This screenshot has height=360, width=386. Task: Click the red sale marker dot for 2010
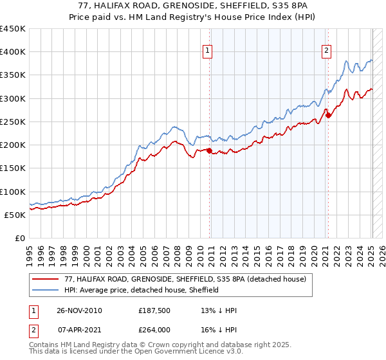tap(210, 150)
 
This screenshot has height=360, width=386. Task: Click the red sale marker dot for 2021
tap(327, 115)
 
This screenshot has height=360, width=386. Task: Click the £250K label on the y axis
tap(12, 122)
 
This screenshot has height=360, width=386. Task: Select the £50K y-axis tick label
tap(15, 215)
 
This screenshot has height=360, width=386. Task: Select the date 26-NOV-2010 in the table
tap(79, 310)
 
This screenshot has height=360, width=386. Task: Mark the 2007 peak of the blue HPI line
tap(174, 127)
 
